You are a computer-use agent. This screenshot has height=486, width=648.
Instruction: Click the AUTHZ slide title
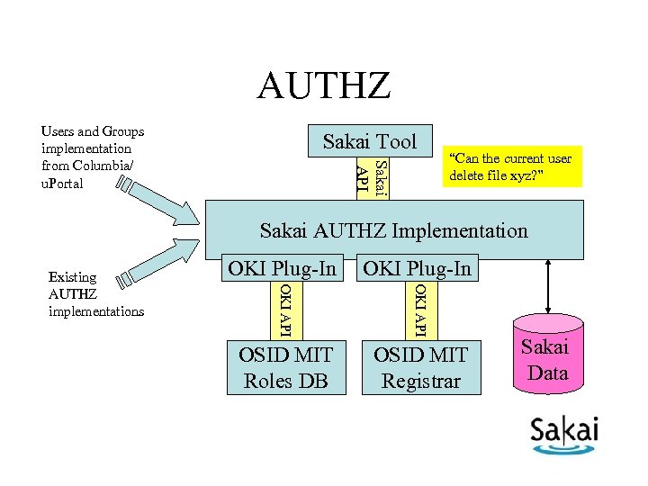[x=324, y=86]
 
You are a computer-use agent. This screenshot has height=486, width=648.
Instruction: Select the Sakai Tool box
[x=370, y=140]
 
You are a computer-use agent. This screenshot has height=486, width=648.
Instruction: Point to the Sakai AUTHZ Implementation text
[x=393, y=230]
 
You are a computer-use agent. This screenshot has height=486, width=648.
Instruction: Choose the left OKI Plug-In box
[x=282, y=268]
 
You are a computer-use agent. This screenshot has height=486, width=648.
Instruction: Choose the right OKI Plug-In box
[x=417, y=268]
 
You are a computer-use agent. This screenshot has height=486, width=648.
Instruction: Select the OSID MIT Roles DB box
[x=286, y=367]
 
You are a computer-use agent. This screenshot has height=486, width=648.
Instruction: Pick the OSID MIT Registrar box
[x=421, y=367]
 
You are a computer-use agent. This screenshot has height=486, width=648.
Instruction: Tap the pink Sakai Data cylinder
[x=547, y=360]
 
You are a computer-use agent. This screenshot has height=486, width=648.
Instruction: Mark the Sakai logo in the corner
[x=563, y=436]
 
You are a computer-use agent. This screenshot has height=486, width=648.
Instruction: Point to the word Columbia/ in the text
[x=103, y=166]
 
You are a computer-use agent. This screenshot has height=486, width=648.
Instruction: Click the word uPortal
[x=63, y=183]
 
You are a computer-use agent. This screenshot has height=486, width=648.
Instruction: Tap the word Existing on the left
[x=72, y=277]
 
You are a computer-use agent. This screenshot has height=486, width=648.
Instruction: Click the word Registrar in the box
[x=421, y=381]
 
